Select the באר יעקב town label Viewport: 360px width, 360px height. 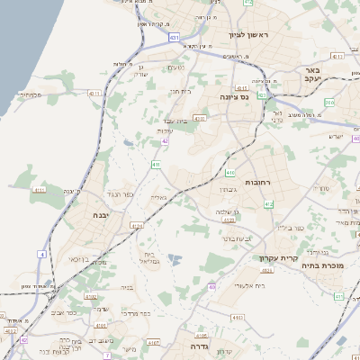tap(312, 75)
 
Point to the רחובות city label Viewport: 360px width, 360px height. tap(257, 183)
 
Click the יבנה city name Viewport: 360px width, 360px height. tap(101, 216)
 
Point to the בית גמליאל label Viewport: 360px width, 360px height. tap(150, 257)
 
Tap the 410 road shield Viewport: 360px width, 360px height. tap(230, 172)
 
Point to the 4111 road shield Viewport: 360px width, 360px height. tap(39, 191)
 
